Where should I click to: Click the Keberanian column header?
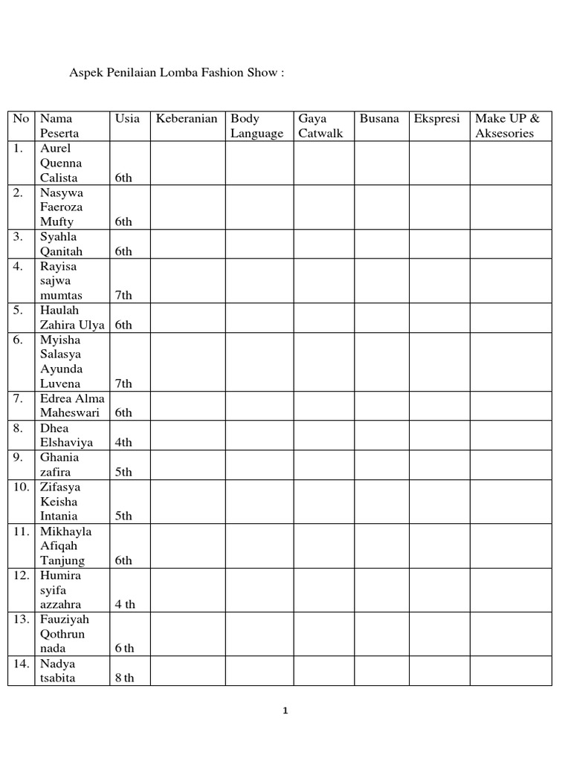(186, 119)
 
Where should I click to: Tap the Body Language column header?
(257, 126)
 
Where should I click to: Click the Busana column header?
(379, 119)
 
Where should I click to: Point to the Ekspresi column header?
(437, 119)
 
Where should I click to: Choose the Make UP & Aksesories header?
(509, 126)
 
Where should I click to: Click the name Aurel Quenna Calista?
(61, 163)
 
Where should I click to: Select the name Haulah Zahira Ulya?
(72, 317)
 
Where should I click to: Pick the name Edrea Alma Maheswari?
(72, 406)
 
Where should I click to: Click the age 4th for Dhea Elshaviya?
(123, 442)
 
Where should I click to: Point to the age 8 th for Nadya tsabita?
(124, 678)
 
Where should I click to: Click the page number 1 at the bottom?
(285, 711)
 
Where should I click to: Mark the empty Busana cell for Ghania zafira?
(381, 464)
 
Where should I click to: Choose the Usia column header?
(127, 119)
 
